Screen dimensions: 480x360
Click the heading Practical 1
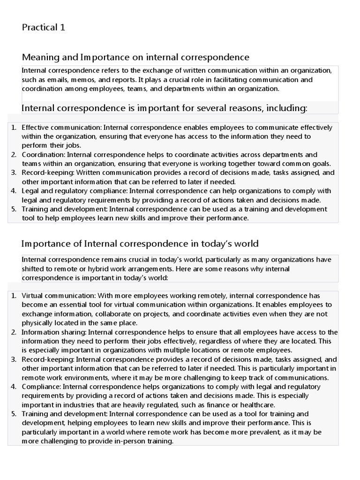tap(44, 28)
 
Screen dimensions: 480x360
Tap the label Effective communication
tap(62, 127)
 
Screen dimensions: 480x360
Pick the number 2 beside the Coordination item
tap(14, 155)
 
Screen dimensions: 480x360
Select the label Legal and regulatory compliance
tap(75, 191)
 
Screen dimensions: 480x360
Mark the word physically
tap(38, 323)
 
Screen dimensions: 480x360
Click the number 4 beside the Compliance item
tap(14, 387)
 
